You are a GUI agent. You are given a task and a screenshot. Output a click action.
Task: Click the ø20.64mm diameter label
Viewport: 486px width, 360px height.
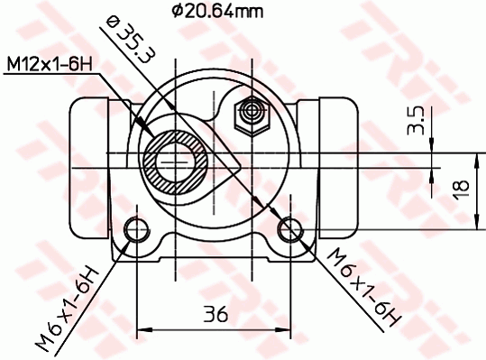[x=218, y=12]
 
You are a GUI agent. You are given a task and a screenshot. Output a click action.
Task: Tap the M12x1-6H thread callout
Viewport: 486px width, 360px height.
[x=50, y=65]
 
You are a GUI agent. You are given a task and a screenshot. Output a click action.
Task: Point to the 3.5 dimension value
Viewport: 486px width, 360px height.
[x=416, y=120]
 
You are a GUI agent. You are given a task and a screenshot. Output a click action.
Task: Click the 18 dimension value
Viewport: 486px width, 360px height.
[x=461, y=189]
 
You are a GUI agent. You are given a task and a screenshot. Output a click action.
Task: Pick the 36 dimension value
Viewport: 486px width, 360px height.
[x=215, y=313]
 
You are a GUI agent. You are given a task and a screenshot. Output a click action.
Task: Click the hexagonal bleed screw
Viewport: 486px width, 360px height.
[x=252, y=115]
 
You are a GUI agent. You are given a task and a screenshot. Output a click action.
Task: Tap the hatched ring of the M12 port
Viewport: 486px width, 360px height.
[x=176, y=162]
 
